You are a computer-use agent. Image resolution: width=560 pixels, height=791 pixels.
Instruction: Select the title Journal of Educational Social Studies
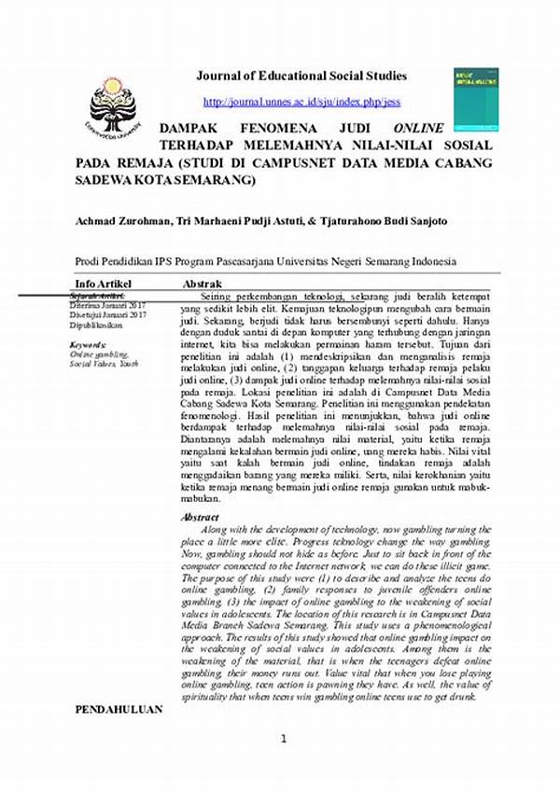301,76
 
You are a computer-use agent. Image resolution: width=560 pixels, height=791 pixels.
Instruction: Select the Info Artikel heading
104,283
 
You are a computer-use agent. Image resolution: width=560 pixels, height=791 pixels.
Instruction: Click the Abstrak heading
202,283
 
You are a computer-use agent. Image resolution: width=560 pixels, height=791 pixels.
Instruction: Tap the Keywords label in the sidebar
89,346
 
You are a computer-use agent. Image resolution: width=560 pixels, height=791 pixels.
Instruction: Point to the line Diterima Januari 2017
108,305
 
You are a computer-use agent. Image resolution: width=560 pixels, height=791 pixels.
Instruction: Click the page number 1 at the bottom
282,765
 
